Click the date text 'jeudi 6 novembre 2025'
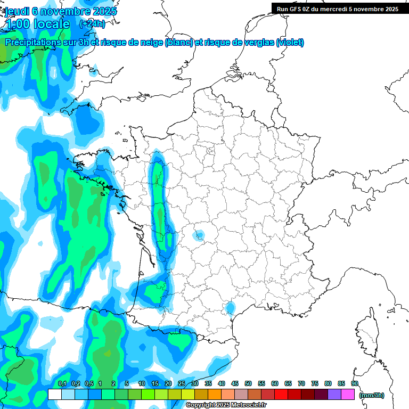pyautogui.click(x=61, y=11)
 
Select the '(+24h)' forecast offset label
pyautogui.click(x=92, y=24)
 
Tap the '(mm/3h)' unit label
pyautogui.click(x=371, y=395)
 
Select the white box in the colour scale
pyautogui.click(x=55, y=395)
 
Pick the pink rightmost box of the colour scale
pyautogui.click(x=348, y=395)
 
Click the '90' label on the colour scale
pyautogui.click(x=355, y=383)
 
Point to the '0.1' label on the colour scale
pyautogui.click(x=62, y=383)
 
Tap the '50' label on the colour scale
pyautogui.click(x=248, y=383)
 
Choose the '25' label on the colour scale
pyautogui.click(x=182, y=383)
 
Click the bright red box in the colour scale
pyautogui.click(x=281, y=395)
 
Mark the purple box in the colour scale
pyautogui.click(x=334, y=395)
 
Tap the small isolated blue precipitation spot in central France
pyautogui.click(x=200, y=235)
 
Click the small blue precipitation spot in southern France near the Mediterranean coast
pyautogui.click(x=230, y=308)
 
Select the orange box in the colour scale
pyautogui.click(x=215, y=395)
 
